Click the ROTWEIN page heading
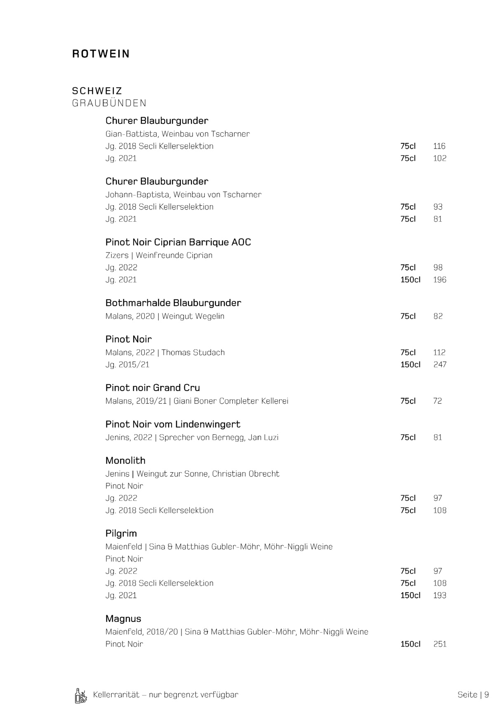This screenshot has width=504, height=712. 101,54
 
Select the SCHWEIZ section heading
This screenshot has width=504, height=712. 97,91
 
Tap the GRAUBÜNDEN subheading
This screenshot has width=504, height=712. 109,103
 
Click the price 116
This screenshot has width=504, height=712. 439,146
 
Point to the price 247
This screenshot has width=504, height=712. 440,365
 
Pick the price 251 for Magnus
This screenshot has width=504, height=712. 440,644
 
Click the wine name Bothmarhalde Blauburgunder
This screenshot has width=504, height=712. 173,303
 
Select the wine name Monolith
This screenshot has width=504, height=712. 125,461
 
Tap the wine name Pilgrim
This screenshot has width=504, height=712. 121,534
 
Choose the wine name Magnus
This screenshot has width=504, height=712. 123,618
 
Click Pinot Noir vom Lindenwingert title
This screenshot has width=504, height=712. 173,424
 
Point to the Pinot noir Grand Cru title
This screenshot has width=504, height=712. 153,388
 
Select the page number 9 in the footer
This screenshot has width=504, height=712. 487,695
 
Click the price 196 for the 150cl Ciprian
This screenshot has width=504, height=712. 440,280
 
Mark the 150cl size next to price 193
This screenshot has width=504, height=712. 410,595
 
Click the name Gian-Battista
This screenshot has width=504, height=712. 131,134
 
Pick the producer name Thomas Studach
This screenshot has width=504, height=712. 193,353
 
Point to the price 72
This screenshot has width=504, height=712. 438,401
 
